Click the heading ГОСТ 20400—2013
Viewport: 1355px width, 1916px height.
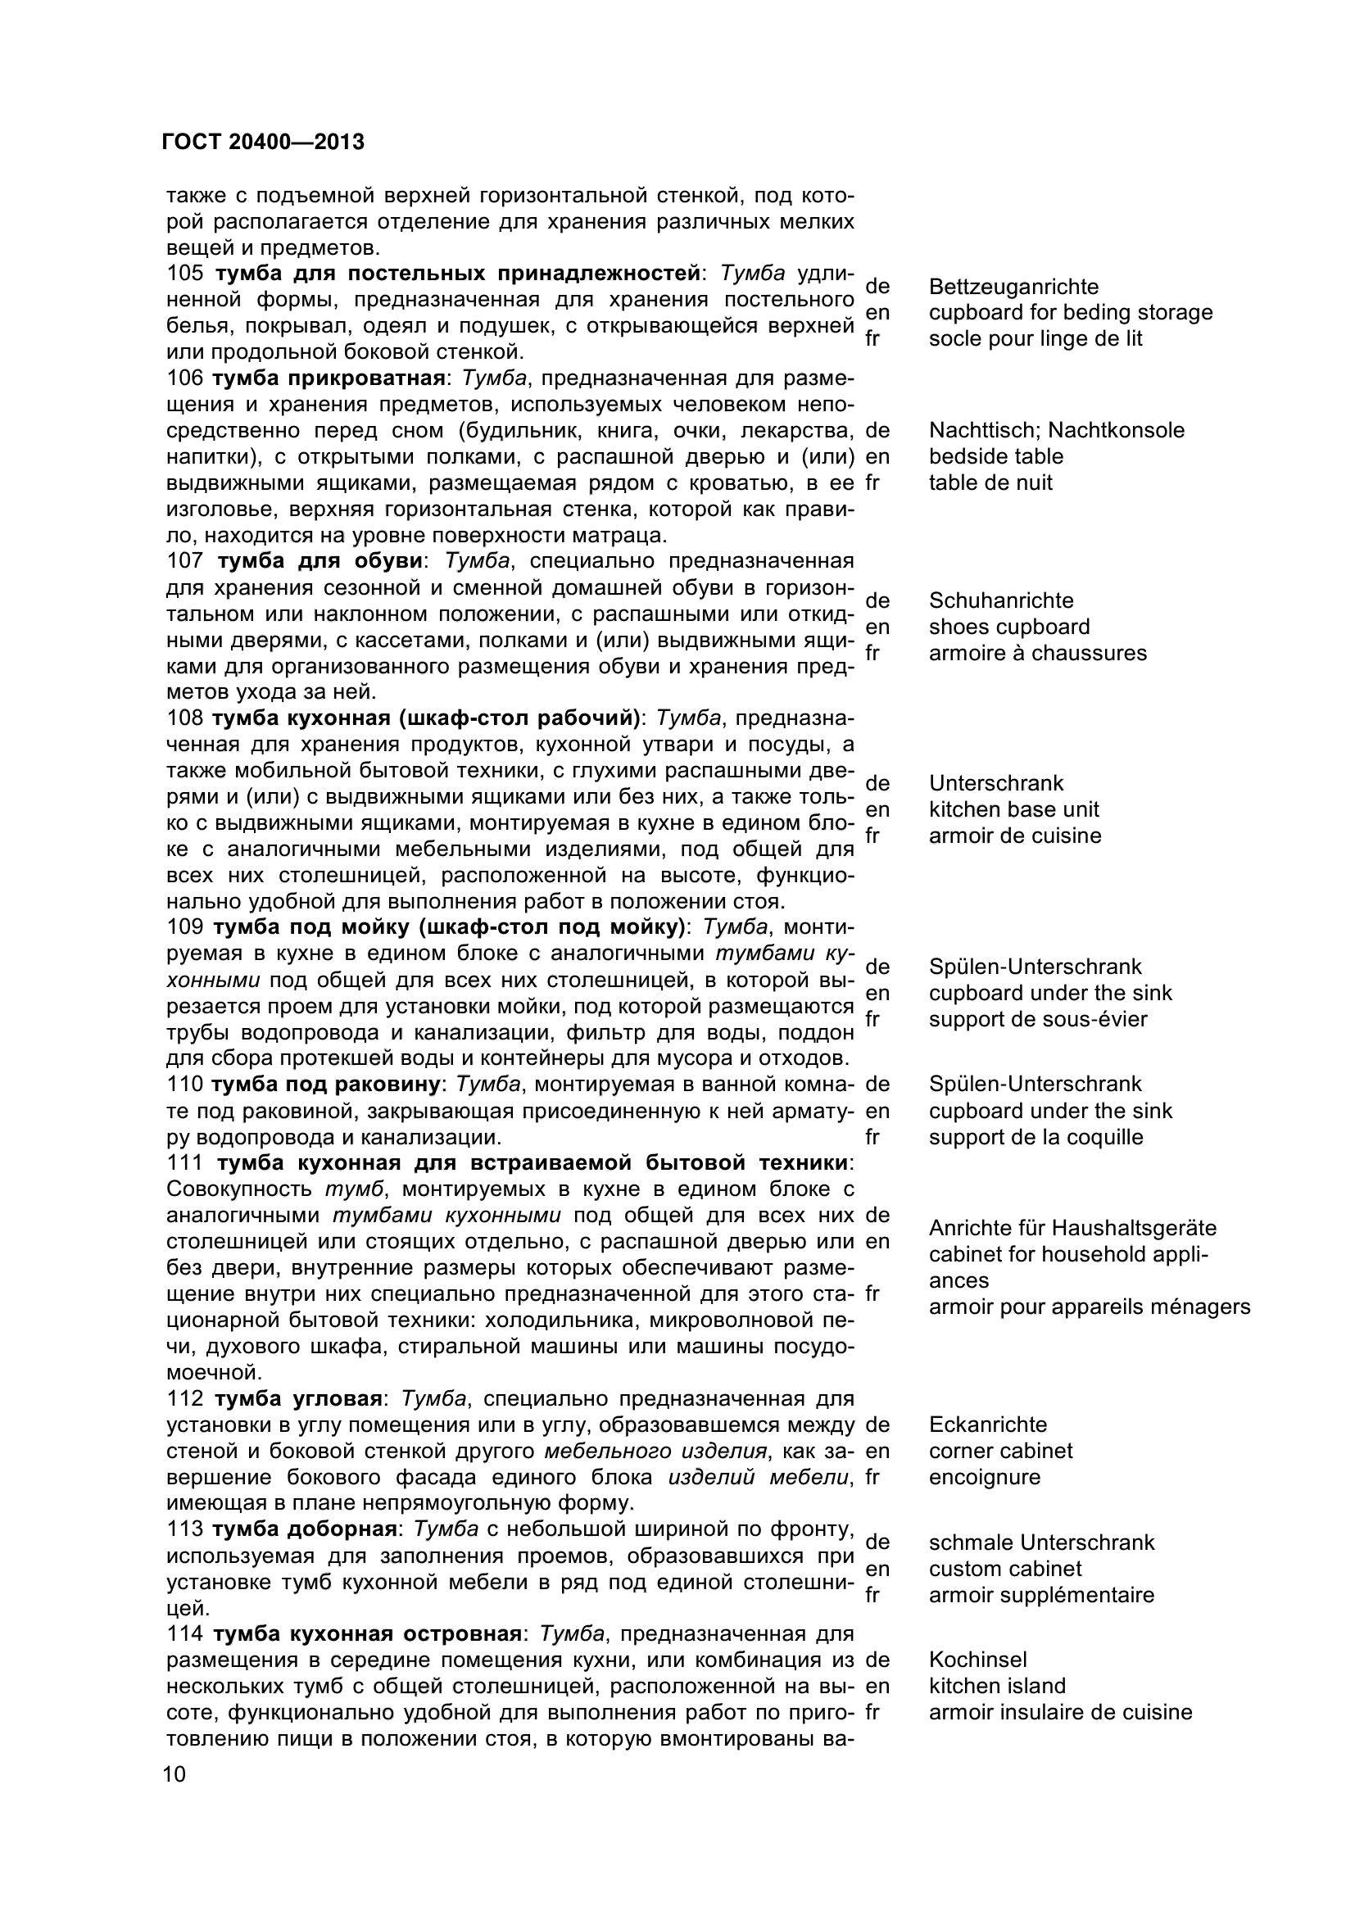pos(263,143)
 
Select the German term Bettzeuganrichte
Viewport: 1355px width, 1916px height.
pos(1013,287)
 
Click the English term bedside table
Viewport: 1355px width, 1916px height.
pos(995,456)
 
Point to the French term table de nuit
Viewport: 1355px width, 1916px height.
pos(990,482)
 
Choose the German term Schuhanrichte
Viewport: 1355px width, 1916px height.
pos(1000,600)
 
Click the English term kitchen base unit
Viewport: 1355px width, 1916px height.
pos(1013,809)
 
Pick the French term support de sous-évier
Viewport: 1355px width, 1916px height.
pos(1037,1019)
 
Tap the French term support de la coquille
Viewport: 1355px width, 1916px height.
pos(1035,1138)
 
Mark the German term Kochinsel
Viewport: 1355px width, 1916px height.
pos(977,1660)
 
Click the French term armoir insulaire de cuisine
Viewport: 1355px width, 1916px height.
pos(1059,1712)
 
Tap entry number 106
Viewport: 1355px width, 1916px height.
pos(184,378)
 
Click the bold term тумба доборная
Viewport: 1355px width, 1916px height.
pos(303,1529)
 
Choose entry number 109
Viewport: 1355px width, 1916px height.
pos(184,927)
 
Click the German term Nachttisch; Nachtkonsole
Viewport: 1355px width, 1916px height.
pos(1055,431)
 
